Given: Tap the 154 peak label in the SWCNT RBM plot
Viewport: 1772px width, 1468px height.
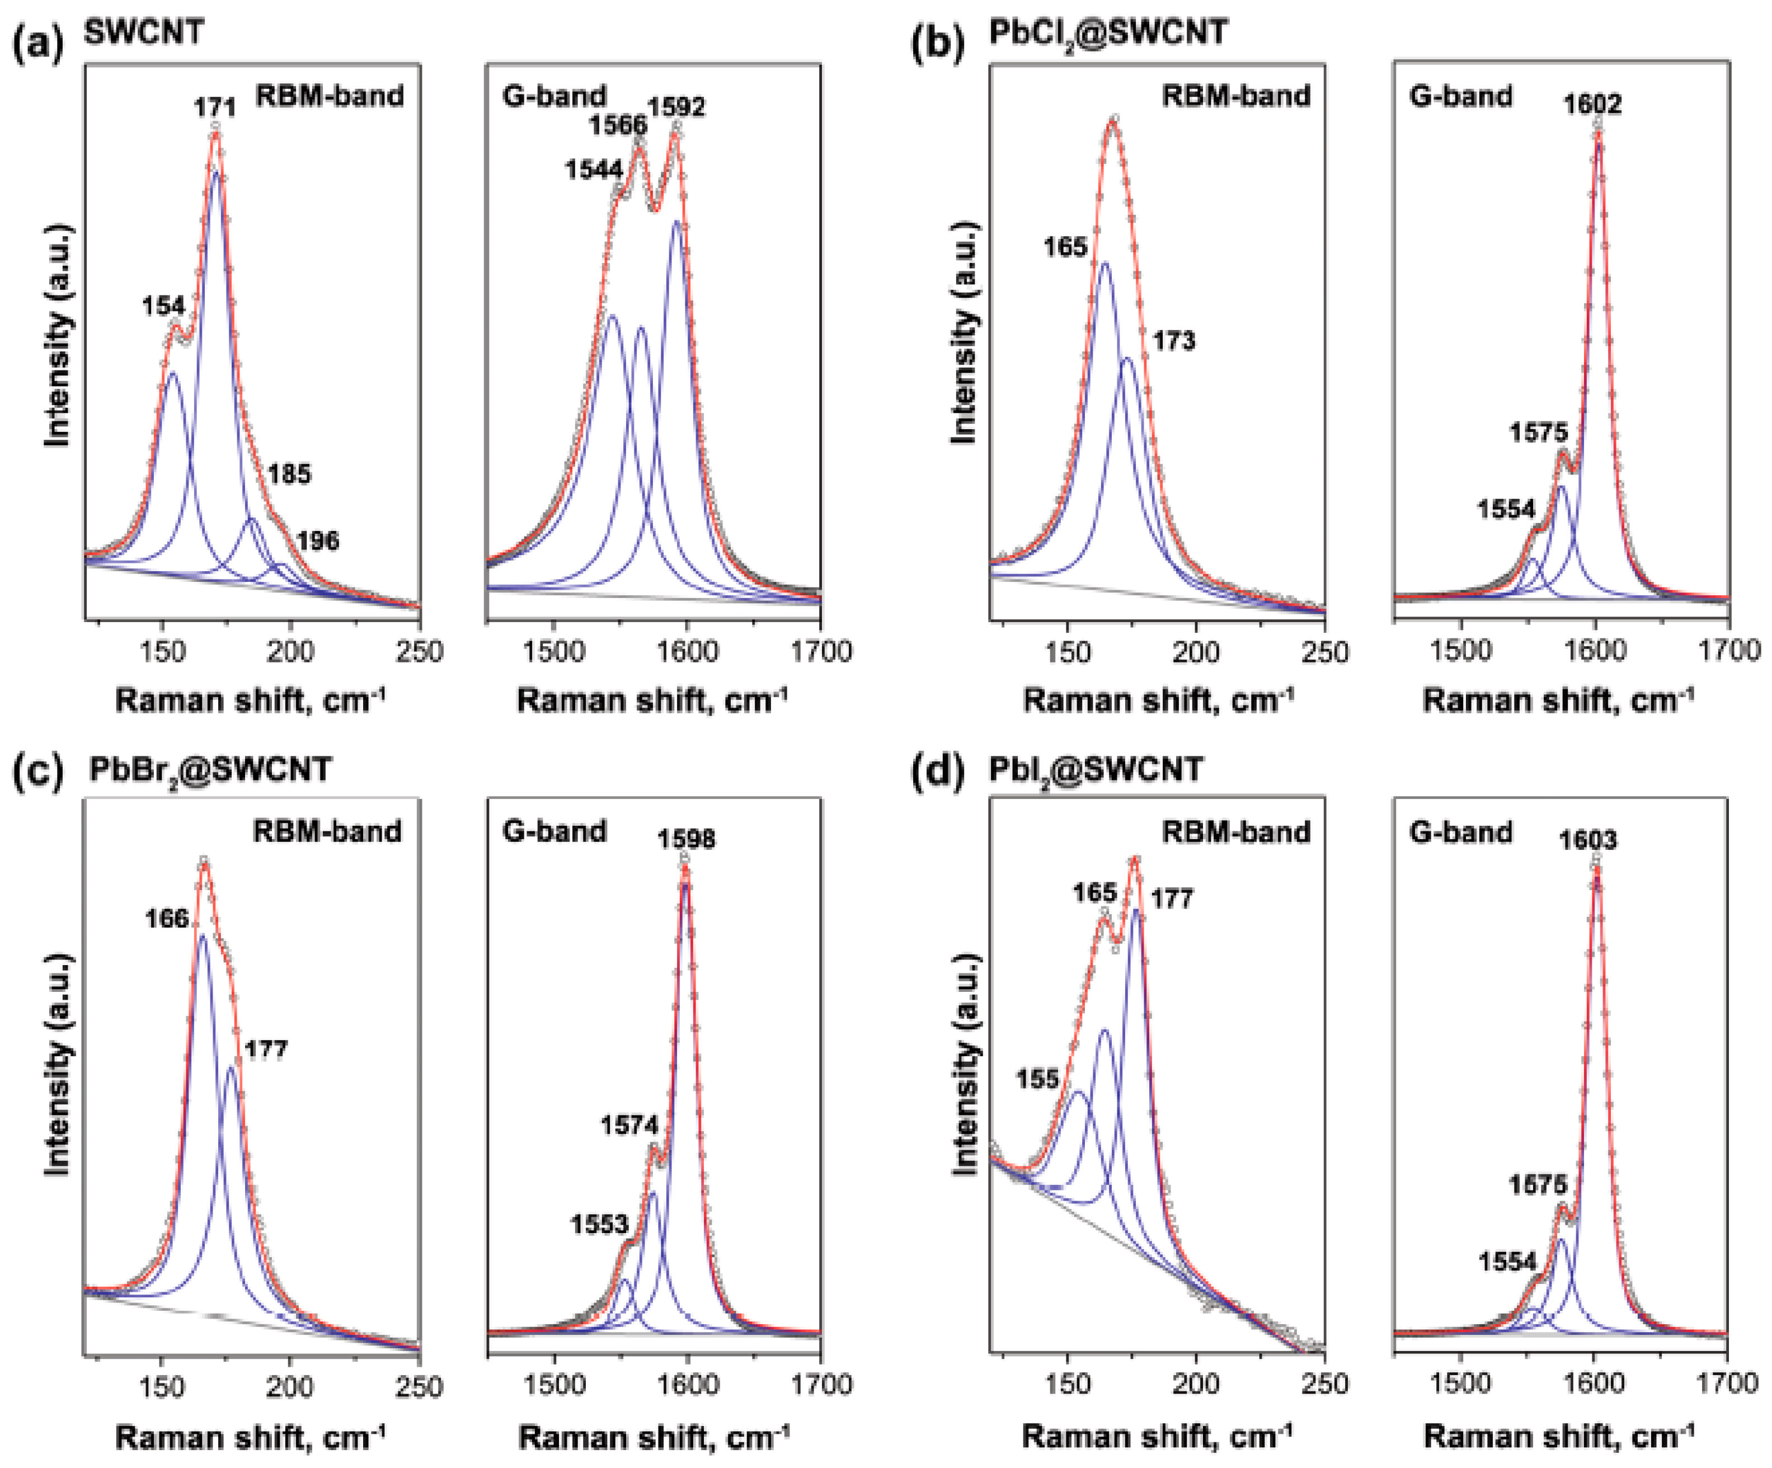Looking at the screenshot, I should coord(163,306).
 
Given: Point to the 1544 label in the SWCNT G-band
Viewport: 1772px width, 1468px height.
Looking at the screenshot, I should coord(593,171).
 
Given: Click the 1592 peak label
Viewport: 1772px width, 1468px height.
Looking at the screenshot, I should coord(676,108).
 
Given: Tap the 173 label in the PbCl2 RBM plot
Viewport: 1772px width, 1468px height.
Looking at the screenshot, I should coord(1174,341).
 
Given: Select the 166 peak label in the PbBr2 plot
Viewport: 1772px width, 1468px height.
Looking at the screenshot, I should coord(166,919).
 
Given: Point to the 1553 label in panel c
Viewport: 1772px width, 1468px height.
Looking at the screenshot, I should coord(599,1224).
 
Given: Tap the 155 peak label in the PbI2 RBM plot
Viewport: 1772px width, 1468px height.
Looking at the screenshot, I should coord(1037,1079).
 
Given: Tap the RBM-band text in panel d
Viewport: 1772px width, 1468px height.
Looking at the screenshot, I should coord(1235,832).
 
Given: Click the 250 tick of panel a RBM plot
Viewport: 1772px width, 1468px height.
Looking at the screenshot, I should coord(420,652).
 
